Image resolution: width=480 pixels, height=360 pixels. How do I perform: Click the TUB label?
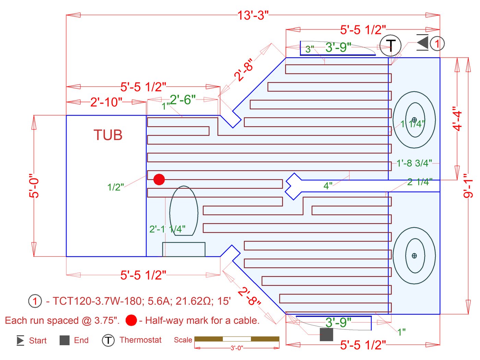(108, 135)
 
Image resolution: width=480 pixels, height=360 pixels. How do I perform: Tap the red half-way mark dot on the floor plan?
(159, 179)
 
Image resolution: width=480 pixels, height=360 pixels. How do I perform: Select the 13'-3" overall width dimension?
(253, 15)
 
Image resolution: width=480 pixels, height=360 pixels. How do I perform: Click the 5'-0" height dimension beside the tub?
(34, 186)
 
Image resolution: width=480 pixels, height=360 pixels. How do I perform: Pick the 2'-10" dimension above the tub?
(106, 102)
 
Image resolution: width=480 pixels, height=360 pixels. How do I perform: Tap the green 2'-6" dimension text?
(182, 100)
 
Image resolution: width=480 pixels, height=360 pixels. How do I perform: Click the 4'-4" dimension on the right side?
(457, 118)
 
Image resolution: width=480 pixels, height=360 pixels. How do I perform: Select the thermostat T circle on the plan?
(391, 45)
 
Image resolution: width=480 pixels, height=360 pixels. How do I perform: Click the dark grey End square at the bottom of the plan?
(326, 335)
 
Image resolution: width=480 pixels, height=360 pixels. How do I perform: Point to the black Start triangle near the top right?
(423, 43)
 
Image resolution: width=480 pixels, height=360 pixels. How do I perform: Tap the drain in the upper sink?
(414, 120)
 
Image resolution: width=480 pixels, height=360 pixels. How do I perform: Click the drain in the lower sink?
(414, 256)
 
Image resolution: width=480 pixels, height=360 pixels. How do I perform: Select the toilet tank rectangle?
(184, 249)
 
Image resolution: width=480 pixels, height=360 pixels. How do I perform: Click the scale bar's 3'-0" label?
(237, 348)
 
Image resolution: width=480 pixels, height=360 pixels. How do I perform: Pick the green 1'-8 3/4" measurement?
(414, 163)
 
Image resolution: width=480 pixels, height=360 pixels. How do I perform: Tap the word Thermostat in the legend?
(140, 340)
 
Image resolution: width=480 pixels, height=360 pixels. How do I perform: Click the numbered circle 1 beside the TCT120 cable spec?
(35, 301)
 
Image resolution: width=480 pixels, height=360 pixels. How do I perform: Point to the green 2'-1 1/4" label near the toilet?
(167, 229)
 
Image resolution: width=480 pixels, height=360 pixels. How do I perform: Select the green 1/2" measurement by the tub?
(116, 187)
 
